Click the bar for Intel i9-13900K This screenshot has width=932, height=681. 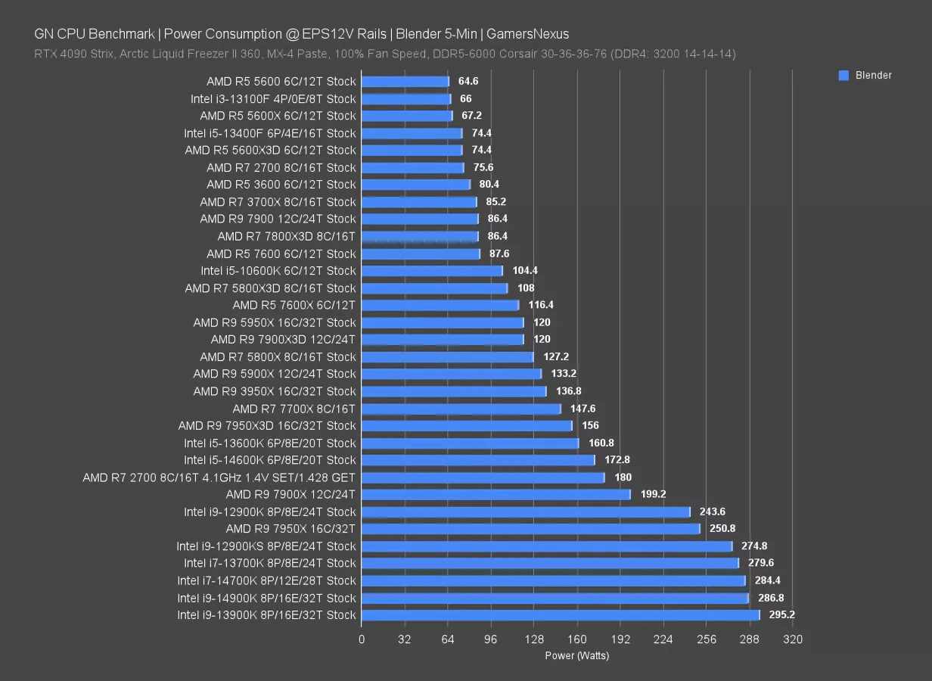[560, 615]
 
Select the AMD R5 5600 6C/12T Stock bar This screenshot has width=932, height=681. [405, 81]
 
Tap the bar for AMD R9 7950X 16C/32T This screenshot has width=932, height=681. [530, 529]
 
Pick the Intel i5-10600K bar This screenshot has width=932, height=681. [432, 271]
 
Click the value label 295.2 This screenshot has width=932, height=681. [781, 615]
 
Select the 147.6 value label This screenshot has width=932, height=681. [582, 409]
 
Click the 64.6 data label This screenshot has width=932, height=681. [468, 81]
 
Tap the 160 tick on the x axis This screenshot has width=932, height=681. [577, 639]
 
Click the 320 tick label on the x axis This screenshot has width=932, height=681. [793, 639]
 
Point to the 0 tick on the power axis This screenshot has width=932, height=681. [362, 639]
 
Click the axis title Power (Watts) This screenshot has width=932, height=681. [576, 656]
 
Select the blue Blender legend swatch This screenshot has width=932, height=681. [843, 75]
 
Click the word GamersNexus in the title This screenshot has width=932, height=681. [527, 33]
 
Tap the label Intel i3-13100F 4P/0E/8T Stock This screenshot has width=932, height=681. [273, 98]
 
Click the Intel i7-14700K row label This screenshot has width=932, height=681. [266, 580]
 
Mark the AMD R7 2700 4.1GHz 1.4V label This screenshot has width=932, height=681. [219, 477]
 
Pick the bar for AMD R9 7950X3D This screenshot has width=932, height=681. [467, 426]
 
